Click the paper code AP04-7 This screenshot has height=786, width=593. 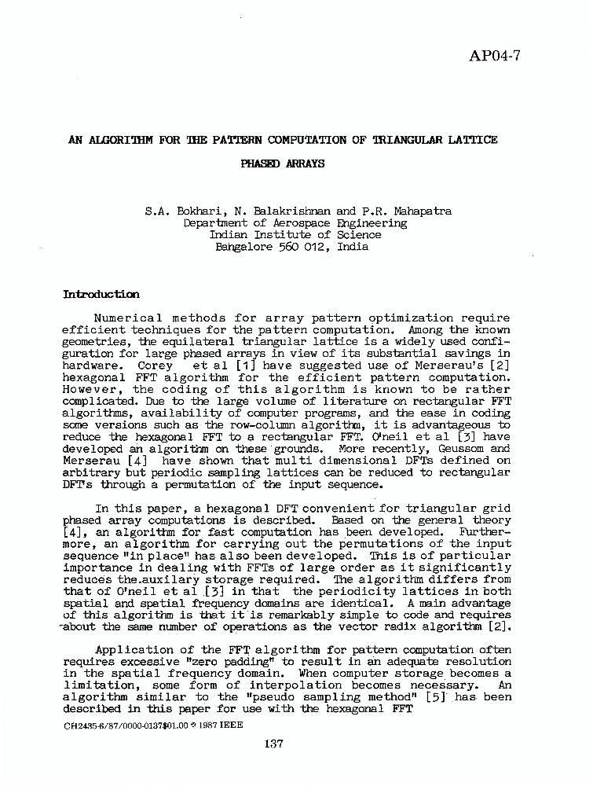[495, 55]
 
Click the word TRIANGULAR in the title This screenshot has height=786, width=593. [408, 141]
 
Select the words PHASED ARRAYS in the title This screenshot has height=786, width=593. [283, 164]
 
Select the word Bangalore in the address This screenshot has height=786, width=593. [243, 246]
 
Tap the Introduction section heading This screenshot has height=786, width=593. [101, 295]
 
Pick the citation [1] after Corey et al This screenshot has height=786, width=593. [247, 365]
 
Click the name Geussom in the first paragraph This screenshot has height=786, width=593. [456, 449]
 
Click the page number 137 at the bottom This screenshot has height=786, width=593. [273, 745]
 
